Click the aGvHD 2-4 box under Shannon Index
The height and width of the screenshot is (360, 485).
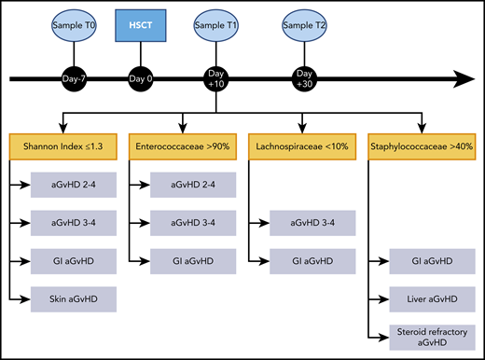pos(73,185)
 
